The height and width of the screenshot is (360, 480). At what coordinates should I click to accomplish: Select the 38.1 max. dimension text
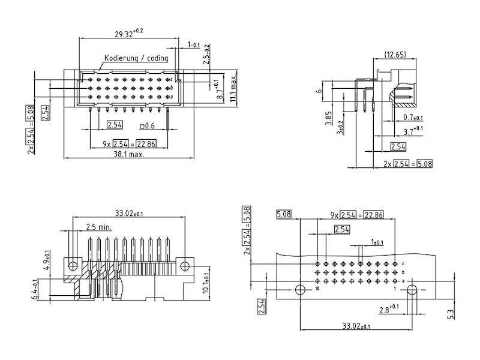click(x=129, y=154)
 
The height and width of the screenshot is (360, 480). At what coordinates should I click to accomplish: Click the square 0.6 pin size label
click(x=147, y=125)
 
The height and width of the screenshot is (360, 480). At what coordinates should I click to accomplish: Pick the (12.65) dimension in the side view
click(x=395, y=55)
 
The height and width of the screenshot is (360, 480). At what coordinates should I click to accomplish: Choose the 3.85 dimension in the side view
click(x=328, y=118)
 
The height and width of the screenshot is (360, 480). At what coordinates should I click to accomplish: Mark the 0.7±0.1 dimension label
click(x=413, y=117)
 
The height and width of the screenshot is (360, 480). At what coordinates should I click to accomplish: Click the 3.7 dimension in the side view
click(x=413, y=131)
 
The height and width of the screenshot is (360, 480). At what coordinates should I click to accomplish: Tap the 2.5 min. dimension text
click(x=99, y=227)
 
